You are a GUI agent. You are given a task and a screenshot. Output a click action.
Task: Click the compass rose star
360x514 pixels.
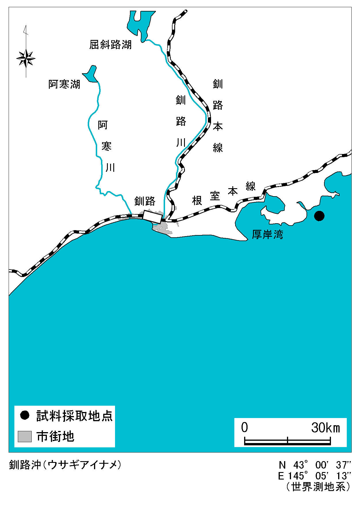point(26,59)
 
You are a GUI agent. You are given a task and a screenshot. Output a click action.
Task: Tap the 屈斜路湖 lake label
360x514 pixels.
point(110,45)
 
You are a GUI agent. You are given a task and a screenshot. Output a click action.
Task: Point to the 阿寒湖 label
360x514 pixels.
point(64,84)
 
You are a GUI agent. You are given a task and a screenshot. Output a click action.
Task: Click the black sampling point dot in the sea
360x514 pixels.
point(319,216)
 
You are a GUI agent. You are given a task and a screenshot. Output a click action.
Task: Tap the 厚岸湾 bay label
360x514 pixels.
point(268,234)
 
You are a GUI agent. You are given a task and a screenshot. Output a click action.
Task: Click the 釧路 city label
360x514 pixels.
point(145,201)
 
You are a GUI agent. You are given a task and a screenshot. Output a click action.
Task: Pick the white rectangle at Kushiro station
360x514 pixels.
point(153,217)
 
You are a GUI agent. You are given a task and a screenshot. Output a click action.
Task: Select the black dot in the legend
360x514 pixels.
point(25,415)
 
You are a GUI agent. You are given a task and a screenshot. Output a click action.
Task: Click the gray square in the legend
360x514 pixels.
point(25,436)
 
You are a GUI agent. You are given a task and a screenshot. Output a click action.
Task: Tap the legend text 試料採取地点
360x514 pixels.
point(75,416)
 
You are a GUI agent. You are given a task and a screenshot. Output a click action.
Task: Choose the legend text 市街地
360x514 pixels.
point(55,436)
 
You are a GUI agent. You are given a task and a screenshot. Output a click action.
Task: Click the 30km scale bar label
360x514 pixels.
point(326,428)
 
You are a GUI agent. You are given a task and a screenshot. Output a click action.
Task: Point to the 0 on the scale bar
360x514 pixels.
point(244,428)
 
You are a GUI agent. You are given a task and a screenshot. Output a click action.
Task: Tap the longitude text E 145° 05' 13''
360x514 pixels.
point(315,476)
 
